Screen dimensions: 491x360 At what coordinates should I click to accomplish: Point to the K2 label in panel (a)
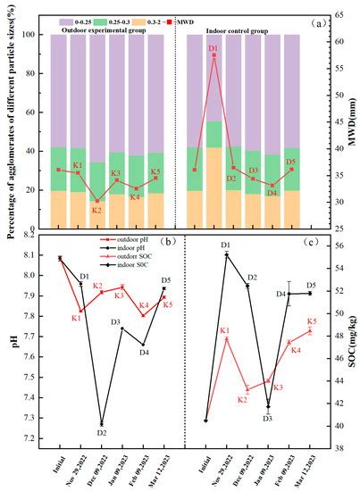(96, 210)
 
